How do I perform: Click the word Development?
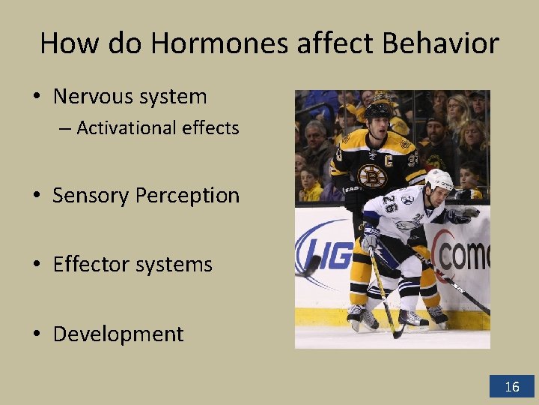click(x=118, y=334)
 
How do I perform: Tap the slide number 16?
click(x=512, y=387)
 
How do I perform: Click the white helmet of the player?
click(x=439, y=180)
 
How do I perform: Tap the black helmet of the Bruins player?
click(x=378, y=111)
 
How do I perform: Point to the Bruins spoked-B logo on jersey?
click(x=372, y=175)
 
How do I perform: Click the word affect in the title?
click(x=331, y=43)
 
